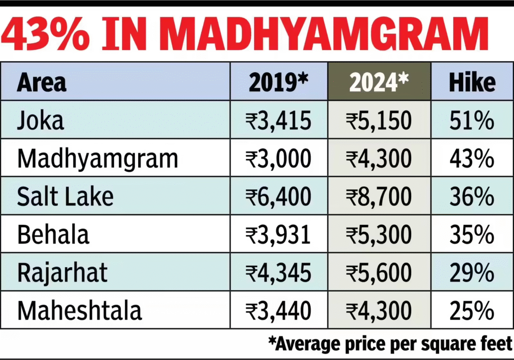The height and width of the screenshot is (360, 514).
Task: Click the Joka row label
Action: tap(41, 121)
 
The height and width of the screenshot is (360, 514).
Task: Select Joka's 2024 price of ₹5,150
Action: tap(378, 121)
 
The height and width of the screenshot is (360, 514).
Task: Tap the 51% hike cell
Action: tap(472, 121)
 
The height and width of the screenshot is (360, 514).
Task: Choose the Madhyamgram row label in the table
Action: tap(97, 159)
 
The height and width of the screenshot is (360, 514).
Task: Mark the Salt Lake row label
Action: tap(65, 196)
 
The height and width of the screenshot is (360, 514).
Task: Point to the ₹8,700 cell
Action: tap(378, 196)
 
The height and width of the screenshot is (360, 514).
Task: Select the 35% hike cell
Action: tap(472, 234)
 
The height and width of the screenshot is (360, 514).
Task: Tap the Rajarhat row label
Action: tap(62, 272)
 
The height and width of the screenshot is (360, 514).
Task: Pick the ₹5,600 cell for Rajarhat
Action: tap(378, 272)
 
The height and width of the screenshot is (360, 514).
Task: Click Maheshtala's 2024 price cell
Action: tap(378, 310)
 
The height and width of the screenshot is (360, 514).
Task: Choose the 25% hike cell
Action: tap(472, 310)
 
